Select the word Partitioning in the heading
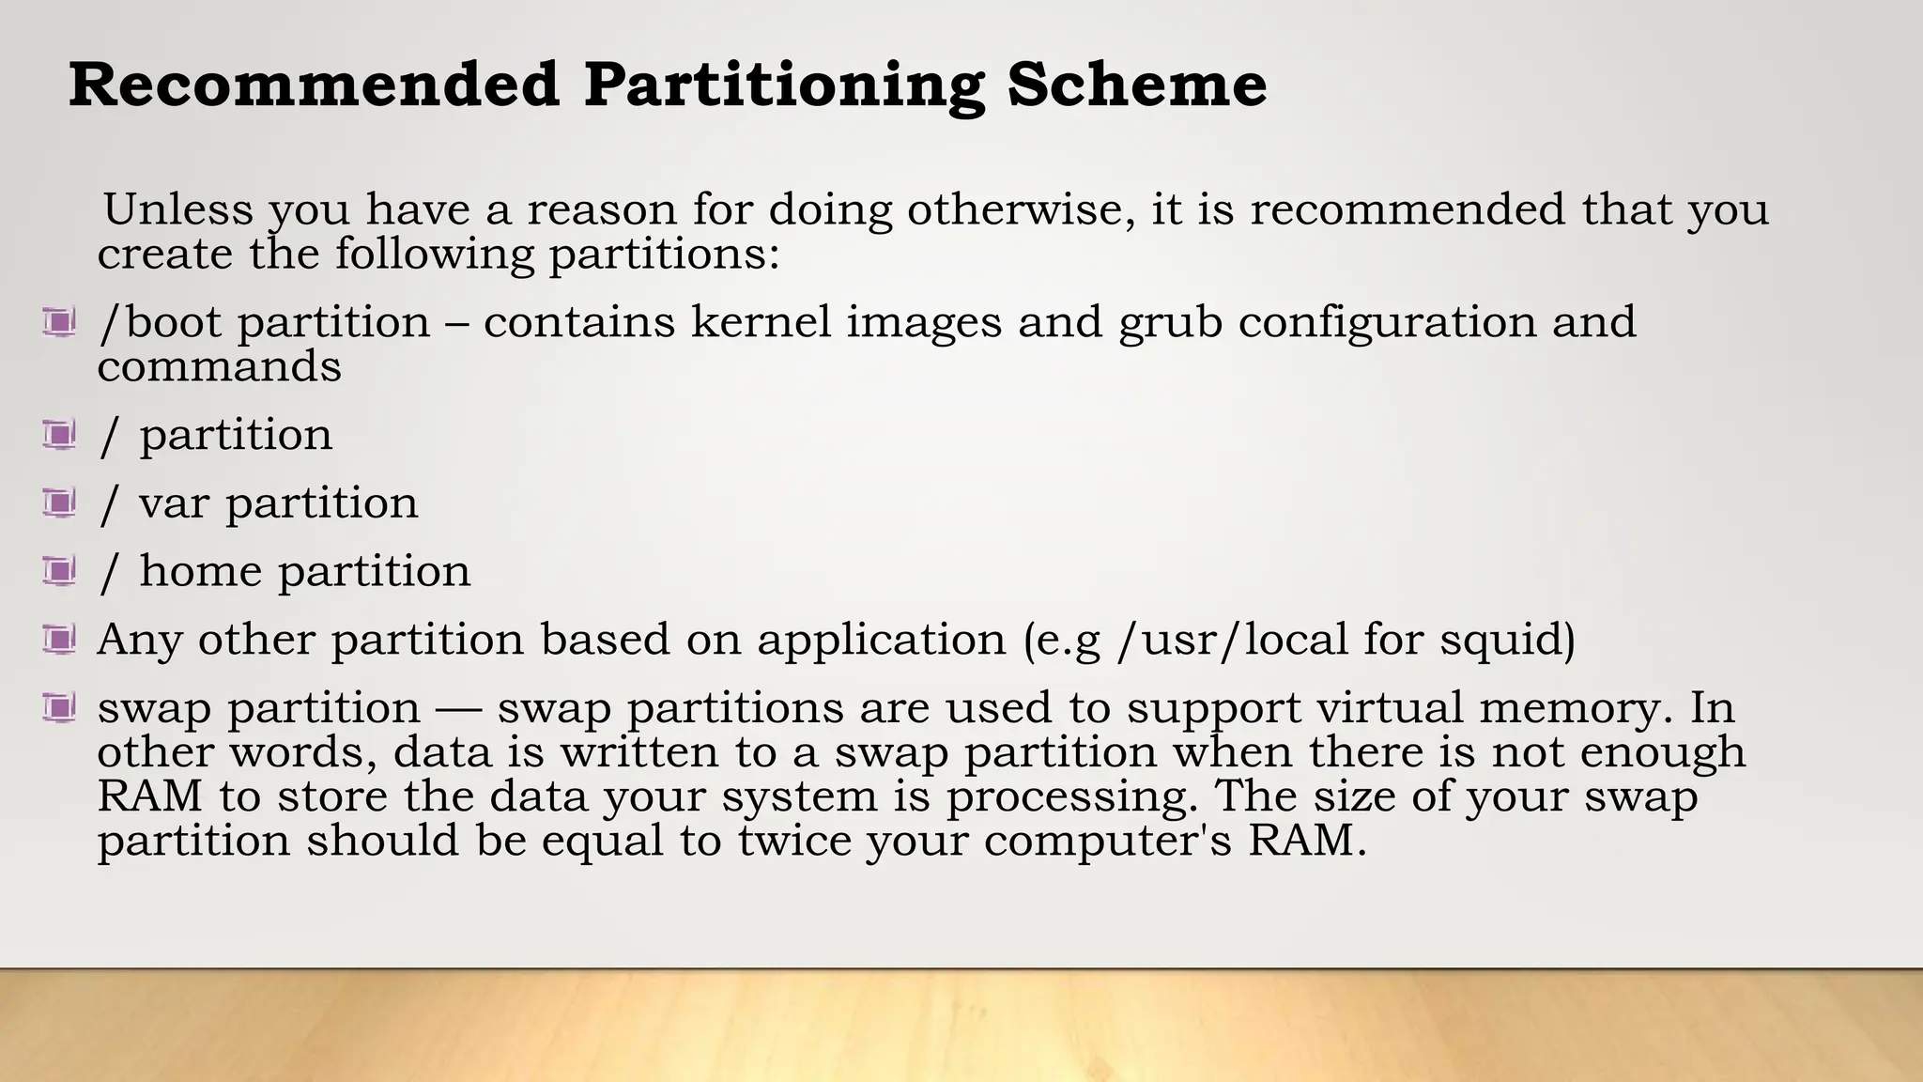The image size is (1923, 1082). pos(784,86)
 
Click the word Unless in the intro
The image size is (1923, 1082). pos(177,209)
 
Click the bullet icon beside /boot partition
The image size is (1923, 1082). pos(59,323)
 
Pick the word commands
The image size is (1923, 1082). pos(219,366)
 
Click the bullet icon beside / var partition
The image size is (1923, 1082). pos(59,503)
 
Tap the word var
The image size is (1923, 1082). pos(174,503)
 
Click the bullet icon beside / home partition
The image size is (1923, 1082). pos(59,571)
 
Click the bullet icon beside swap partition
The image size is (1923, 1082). pos(59,707)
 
